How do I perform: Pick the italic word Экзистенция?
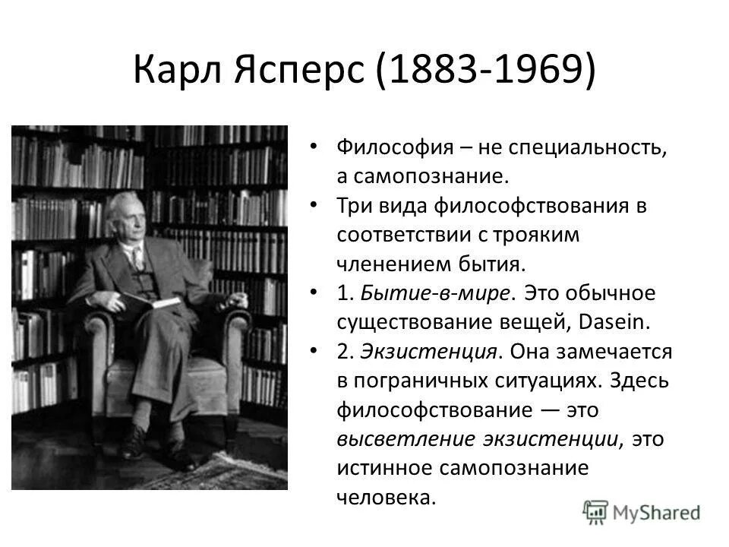coord(429,352)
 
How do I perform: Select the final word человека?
coord(387,498)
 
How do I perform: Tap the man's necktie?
coord(137,258)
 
